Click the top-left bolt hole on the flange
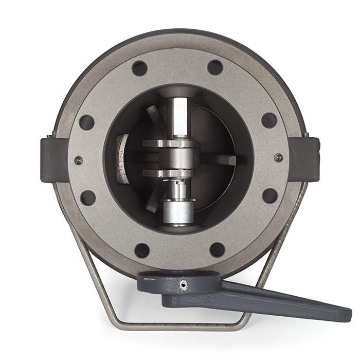139,68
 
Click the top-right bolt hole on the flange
215,67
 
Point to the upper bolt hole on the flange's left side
86,122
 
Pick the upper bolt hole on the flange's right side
269,120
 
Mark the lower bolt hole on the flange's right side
270,195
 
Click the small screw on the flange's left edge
79,160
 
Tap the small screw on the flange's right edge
278,158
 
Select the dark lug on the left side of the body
53,159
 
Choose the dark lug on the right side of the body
304,158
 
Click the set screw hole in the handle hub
183,283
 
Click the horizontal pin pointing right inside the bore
219,160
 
